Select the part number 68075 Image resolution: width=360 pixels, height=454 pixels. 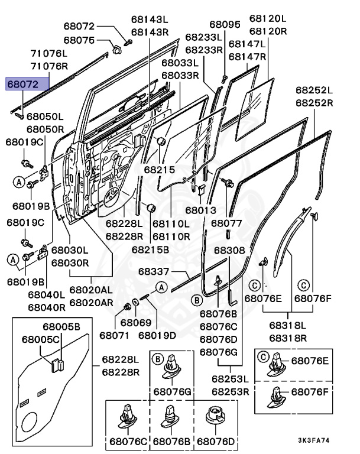79,40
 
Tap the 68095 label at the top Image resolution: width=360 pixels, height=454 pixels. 225,24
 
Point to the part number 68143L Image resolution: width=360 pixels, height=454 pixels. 150,20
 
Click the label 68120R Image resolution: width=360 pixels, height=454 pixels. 268,31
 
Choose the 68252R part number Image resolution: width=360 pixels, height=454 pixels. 314,103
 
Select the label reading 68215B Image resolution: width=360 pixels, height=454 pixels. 150,249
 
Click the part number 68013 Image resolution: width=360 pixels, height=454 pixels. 201,210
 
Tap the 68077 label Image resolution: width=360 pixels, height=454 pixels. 226,223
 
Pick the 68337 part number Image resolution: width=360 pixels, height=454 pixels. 154,271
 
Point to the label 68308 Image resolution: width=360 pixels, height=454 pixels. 229,250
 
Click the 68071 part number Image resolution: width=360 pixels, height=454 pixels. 114,335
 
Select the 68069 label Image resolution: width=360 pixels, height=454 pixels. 136,323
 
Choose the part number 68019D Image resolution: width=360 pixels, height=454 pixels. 157,335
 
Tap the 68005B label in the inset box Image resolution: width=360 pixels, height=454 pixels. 61,326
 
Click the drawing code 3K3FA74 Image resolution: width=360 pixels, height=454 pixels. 314,440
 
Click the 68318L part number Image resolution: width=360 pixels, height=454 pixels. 288,325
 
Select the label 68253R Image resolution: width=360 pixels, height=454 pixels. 231,391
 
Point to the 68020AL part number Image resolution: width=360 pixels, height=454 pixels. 91,290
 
